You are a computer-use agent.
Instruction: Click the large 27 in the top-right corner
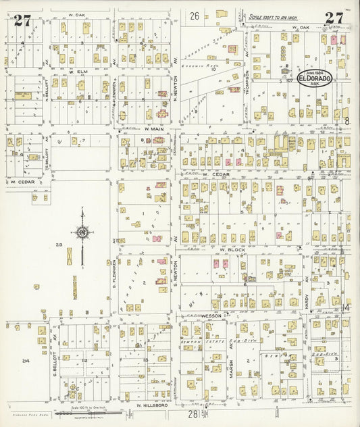[333, 18]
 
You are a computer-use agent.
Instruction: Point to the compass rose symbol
[82, 233]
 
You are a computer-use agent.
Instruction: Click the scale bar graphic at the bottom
[93, 412]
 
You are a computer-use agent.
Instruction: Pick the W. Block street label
[232, 249]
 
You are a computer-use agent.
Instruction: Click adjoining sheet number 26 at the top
[195, 16]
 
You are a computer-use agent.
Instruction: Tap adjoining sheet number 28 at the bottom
[192, 413]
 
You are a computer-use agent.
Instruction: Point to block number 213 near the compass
[59, 245]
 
